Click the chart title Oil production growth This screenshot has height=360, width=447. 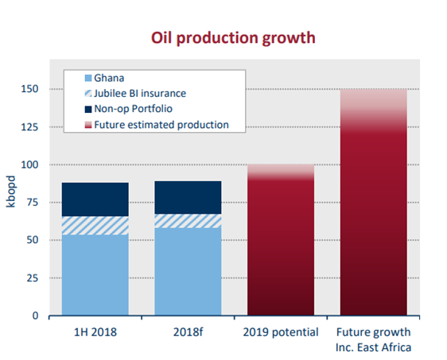(x=233, y=38)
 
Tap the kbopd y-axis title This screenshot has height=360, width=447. (x=10, y=192)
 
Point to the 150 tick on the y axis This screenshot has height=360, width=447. (x=29, y=89)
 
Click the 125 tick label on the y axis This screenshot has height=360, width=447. (x=29, y=126)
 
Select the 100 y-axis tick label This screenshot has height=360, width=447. (x=29, y=165)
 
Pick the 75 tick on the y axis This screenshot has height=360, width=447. (x=33, y=202)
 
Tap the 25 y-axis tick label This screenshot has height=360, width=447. (x=33, y=277)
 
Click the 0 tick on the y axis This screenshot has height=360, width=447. (x=35, y=315)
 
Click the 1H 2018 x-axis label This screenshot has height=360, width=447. (x=95, y=332)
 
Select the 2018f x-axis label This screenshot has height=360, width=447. (x=189, y=332)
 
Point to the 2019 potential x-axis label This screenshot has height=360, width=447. (x=281, y=332)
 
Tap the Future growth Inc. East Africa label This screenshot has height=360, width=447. (x=374, y=340)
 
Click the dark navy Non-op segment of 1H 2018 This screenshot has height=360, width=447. (x=95, y=199)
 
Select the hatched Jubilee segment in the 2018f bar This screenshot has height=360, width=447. (x=189, y=221)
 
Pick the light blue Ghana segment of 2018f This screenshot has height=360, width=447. (x=189, y=272)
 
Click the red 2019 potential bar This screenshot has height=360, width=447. (x=281, y=240)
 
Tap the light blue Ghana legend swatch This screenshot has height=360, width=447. (x=88, y=78)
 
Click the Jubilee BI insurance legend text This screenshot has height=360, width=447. (x=140, y=94)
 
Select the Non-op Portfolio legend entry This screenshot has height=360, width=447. (x=129, y=109)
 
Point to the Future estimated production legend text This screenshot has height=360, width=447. (x=161, y=125)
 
